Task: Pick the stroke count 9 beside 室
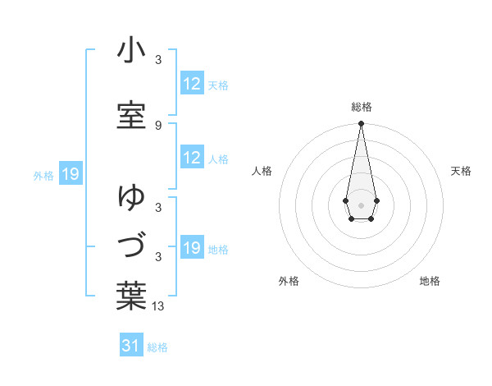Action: tap(158, 126)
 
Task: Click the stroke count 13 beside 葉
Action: tap(158, 306)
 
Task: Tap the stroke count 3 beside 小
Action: tap(158, 60)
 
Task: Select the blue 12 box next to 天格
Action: tap(192, 83)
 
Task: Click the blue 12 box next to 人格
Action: tap(192, 158)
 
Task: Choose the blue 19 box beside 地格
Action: tap(192, 248)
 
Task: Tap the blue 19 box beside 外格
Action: tap(71, 174)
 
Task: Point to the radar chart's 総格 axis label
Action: tap(361, 107)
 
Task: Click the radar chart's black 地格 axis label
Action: tap(430, 281)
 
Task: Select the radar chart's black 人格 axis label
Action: tap(262, 171)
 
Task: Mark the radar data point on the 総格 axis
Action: tap(361, 124)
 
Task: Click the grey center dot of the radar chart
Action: tap(361, 204)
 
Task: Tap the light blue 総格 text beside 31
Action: tap(157, 347)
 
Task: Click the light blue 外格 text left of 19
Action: tap(43, 175)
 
